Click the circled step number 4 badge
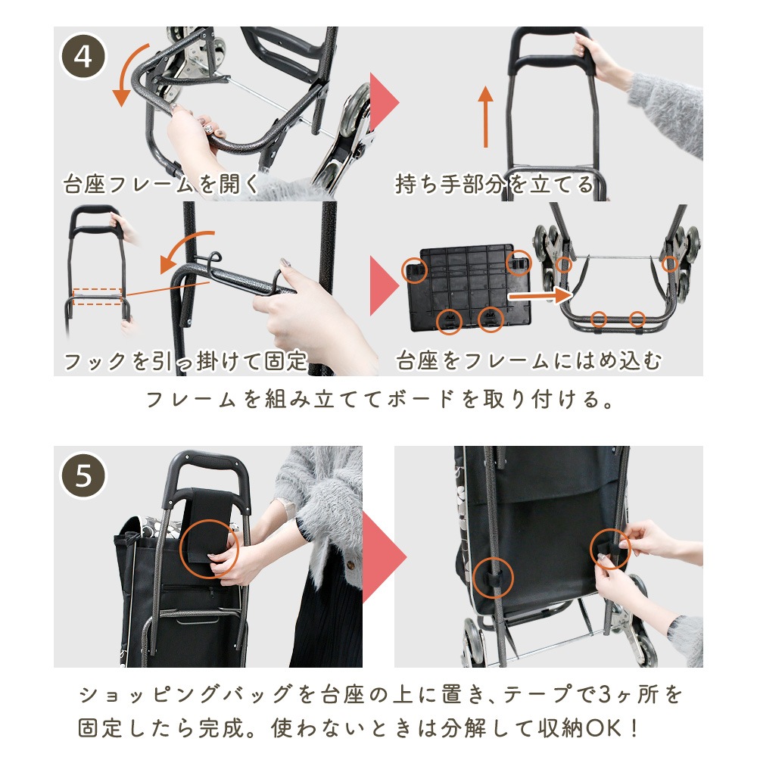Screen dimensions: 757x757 83,57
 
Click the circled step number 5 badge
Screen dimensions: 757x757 83,475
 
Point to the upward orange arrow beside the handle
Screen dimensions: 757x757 486,117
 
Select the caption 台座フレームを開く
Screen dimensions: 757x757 161,184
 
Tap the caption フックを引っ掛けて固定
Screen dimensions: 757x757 185,360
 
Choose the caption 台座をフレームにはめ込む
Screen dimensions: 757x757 528,360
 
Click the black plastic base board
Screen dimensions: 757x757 469,288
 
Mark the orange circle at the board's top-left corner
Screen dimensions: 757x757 414,269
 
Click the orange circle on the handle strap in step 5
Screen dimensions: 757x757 209,549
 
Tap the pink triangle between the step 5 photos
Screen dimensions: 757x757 385,557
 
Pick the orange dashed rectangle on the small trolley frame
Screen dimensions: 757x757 97,297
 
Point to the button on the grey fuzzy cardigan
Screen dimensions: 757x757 350,564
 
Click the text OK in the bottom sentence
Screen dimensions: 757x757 603,728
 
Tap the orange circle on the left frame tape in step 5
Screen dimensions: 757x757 493,578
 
